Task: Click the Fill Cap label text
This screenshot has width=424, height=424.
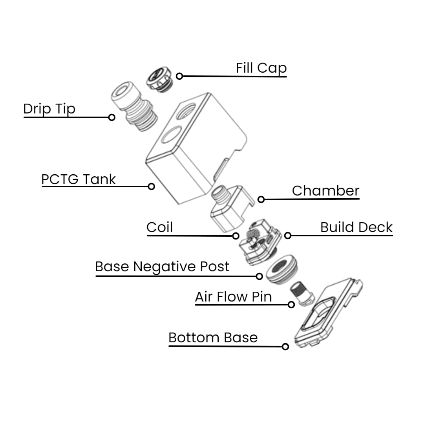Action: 261,68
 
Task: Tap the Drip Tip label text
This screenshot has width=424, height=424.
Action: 49,109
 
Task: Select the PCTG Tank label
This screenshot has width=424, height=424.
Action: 79,179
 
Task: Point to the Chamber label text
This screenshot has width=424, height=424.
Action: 325,191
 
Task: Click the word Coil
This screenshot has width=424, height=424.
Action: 159,227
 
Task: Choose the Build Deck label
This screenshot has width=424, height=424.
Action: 356,227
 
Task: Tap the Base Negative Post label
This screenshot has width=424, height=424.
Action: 162,267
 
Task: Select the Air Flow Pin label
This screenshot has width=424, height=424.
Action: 233,297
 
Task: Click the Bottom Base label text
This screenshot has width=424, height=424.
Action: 213,338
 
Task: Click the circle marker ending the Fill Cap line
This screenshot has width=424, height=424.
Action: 179,76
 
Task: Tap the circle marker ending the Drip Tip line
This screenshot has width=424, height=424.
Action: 111,117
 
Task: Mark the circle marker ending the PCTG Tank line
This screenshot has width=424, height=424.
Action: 151,186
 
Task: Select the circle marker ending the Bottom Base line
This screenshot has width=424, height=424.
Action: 285,347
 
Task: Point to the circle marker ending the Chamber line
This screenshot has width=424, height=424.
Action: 261,199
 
